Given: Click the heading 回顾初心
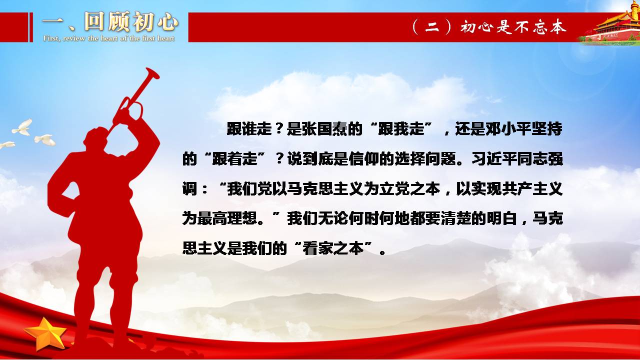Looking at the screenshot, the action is tap(131, 21).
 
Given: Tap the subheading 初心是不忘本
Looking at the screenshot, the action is tap(513, 27).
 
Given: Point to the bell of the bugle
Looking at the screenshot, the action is tap(152, 73).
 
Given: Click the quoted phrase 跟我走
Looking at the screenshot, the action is tap(401, 129).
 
